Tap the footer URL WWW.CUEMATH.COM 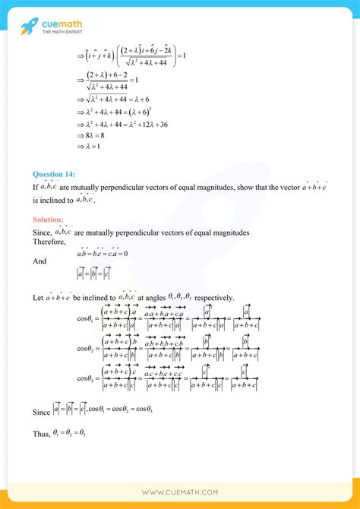click(x=180, y=492)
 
